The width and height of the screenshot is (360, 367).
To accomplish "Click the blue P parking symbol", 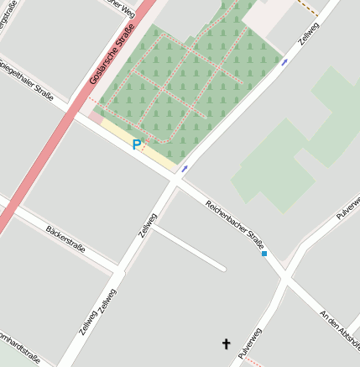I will coord(136,145).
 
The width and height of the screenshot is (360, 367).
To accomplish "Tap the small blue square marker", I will coord(264,253).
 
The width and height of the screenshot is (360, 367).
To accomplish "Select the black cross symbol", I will coord(225,343).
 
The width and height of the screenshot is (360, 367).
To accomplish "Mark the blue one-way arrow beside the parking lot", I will coord(184,169).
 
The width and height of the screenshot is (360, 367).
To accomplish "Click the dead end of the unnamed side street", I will coord(223,269).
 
